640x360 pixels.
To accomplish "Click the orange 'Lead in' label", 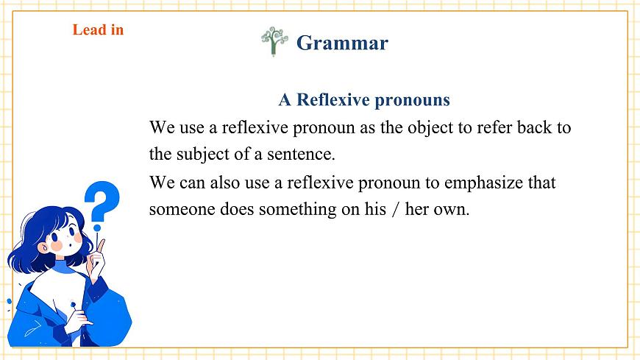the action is click(x=98, y=30).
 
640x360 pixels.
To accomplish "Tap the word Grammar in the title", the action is click(x=342, y=43).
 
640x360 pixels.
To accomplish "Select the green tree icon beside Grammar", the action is click(x=274, y=41).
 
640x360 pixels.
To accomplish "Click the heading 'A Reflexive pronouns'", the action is click(x=364, y=99).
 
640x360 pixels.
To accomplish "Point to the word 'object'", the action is click(x=430, y=128).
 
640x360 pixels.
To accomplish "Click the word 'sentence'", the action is click(x=301, y=155).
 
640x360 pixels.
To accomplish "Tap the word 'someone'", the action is click(x=182, y=210).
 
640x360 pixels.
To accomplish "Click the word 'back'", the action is click(x=533, y=127).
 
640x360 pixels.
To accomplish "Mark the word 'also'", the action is click(x=224, y=183).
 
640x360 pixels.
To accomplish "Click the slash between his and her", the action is click(x=395, y=210).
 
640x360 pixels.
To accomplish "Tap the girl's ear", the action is click(x=43, y=247).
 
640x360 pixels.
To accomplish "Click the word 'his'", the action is click(x=375, y=209).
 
